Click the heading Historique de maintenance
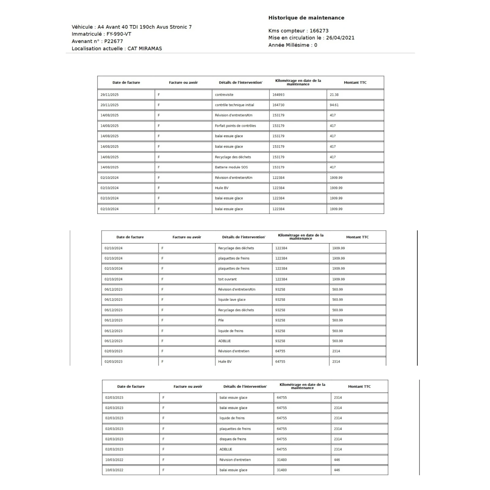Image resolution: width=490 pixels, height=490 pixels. click(306, 18)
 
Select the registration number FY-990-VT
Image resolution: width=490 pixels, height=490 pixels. click(119, 34)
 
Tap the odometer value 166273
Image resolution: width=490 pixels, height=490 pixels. click(319, 31)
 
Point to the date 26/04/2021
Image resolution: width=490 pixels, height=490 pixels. click(340, 38)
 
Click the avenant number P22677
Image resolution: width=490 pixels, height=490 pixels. click(113, 41)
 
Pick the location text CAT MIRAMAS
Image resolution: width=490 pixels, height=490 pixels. click(145, 48)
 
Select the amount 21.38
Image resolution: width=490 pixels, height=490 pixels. click(334, 95)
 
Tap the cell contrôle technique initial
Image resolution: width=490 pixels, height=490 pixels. click(234, 105)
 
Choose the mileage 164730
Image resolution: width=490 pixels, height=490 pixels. click(278, 105)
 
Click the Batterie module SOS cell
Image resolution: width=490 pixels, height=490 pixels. click(231, 167)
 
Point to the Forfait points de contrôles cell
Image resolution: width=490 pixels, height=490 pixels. click(235, 126)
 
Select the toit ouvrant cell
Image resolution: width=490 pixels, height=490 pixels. click(227, 279)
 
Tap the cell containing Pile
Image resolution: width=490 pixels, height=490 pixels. click(221, 320)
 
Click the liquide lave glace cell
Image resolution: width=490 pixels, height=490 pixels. click(232, 300)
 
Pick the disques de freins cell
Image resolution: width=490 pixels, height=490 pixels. click(233, 439)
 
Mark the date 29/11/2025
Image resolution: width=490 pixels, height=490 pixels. click(109, 95)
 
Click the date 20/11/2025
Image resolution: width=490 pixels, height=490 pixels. click(109, 105)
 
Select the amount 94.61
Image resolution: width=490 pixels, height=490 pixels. click(334, 105)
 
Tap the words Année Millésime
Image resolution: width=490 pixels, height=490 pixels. click(289, 45)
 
